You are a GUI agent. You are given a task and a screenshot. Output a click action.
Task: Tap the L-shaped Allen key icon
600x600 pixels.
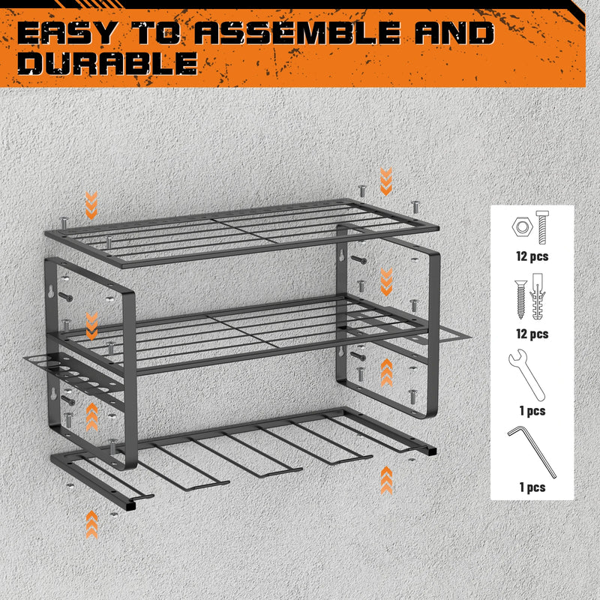point(532,450)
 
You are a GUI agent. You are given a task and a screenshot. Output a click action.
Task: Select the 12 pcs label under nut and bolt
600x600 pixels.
point(532,256)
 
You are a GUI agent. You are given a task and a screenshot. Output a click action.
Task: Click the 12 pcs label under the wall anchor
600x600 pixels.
point(532,333)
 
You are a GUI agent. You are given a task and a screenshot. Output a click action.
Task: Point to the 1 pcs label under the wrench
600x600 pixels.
point(532,410)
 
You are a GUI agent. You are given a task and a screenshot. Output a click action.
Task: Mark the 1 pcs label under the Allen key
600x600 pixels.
point(532,487)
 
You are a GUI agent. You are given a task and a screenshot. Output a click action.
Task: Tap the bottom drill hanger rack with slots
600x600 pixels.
point(247,450)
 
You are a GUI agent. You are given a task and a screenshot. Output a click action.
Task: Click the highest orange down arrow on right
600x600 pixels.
point(385,181)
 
